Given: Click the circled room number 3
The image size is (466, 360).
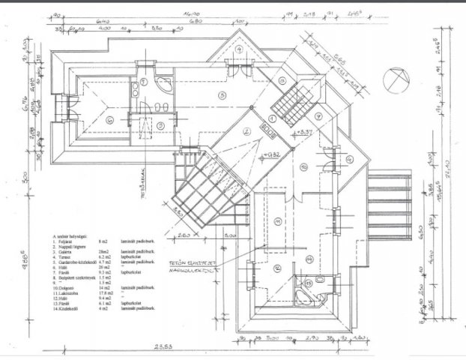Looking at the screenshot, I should pos(220,94).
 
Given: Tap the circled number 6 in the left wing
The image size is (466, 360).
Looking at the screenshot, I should pos(109,119).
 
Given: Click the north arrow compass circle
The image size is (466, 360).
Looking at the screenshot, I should pos(393,79).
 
